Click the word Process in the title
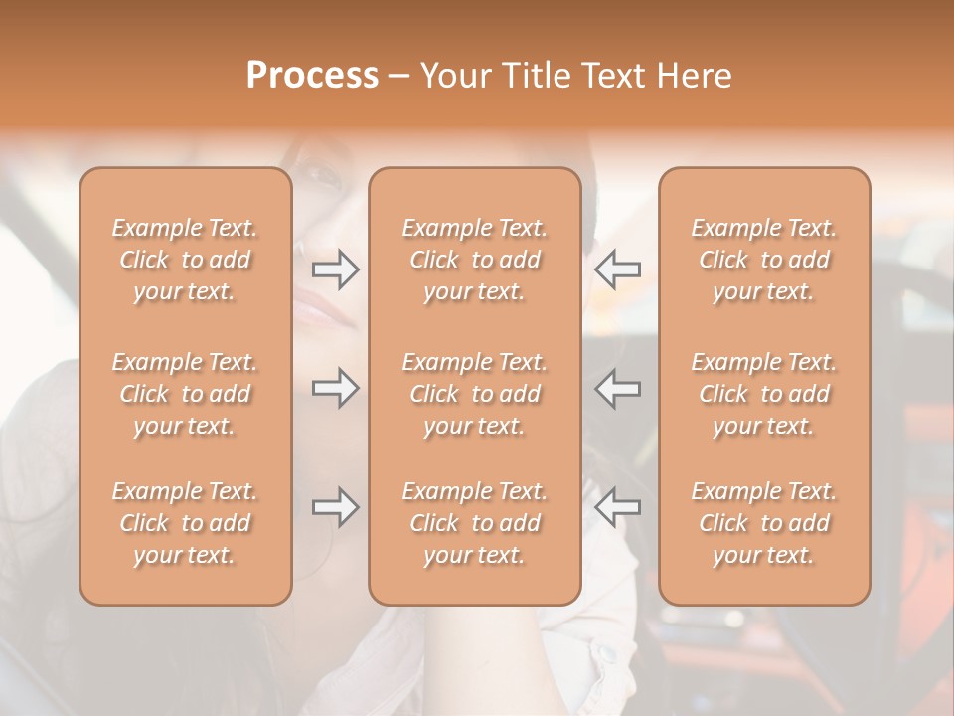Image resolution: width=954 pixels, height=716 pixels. pyautogui.click(x=312, y=76)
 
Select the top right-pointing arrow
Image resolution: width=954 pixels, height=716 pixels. pyautogui.click(x=335, y=269)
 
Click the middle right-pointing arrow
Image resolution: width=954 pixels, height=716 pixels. pyautogui.click(x=335, y=388)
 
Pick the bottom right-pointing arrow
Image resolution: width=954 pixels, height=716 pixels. pyautogui.click(x=335, y=507)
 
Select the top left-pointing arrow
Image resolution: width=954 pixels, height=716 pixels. pyautogui.click(x=618, y=269)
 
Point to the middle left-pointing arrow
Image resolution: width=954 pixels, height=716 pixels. pyautogui.click(x=618, y=388)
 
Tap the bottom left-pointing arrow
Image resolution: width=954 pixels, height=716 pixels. pyautogui.click(x=618, y=507)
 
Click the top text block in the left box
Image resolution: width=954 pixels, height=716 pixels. pyautogui.click(x=185, y=260)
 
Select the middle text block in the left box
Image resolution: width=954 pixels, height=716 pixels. pyautogui.click(x=185, y=394)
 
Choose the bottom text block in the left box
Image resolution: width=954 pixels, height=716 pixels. pyautogui.click(x=185, y=523)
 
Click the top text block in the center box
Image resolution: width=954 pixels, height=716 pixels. pyautogui.click(x=475, y=260)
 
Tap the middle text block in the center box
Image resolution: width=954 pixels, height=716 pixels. pyautogui.click(x=475, y=394)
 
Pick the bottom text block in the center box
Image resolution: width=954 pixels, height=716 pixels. pyautogui.click(x=475, y=523)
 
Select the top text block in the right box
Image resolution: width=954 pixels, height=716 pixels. pyautogui.click(x=764, y=260)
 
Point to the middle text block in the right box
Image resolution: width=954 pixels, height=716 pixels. pyautogui.click(x=764, y=394)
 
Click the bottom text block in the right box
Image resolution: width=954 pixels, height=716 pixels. pyautogui.click(x=764, y=523)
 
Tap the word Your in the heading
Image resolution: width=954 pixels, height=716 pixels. pyautogui.click(x=454, y=76)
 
